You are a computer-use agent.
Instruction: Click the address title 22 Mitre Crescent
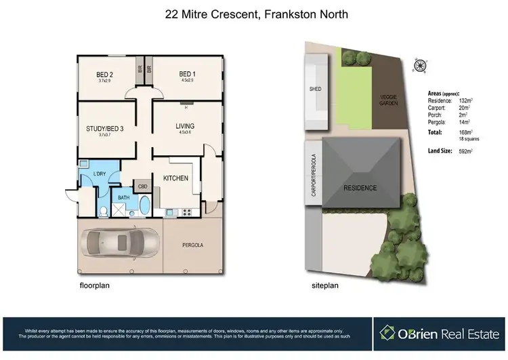click(253, 14)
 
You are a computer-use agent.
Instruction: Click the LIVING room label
click(184, 126)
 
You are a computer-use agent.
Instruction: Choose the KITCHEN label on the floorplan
click(175, 178)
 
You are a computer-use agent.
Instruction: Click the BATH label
click(123, 197)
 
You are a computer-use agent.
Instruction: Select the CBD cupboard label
click(143, 186)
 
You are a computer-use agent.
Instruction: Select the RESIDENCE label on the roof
click(359, 187)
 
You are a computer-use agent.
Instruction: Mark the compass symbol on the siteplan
click(421, 66)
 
